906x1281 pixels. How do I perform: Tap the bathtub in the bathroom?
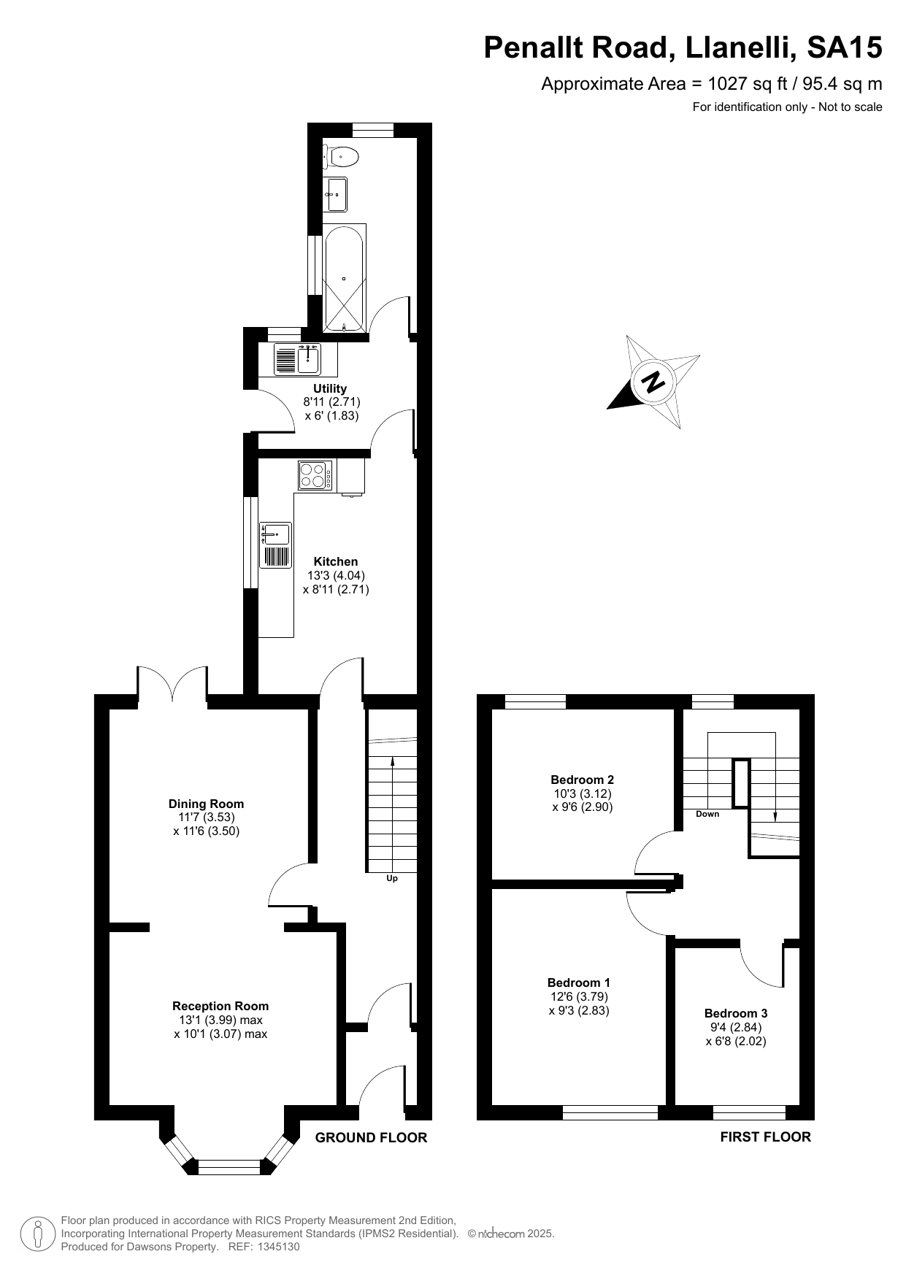click(x=344, y=278)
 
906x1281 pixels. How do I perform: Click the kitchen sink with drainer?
click(x=276, y=545)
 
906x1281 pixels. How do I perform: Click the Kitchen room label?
click(x=336, y=561)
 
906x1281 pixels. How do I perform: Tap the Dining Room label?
click(x=206, y=804)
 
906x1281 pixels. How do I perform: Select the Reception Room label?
click(x=220, y=1006)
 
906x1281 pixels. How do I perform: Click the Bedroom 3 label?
click(x=736, y=1013)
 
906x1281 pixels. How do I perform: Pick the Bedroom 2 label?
click(x=582, y=780)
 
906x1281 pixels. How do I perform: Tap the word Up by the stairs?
click(x=392, y=878)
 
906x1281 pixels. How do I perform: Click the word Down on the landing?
click(x=707, y=814)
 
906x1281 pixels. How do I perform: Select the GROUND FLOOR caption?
click(x=371, y=1137)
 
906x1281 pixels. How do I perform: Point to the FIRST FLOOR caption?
click(x=765, y=1136)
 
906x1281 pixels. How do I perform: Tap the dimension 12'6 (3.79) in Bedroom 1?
click(x=579, y=996)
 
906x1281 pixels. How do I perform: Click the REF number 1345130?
click(x=276, y=1247)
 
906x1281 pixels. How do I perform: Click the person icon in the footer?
click(x=39, y=1234)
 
